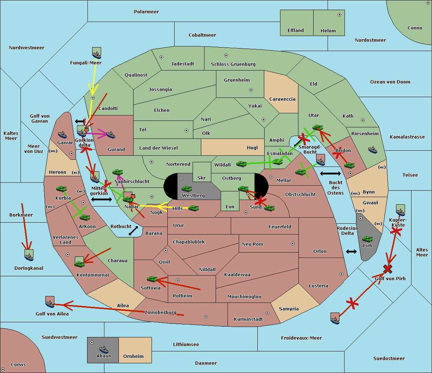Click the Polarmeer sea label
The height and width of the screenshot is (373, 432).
(146, 12)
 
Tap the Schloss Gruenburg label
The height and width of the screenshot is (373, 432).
(233, 64)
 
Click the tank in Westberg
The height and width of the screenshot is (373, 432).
(186, 189)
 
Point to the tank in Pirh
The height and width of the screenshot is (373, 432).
(367, 239)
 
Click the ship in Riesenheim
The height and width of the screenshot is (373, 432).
(373, 150)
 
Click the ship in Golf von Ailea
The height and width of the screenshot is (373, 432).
(50, 303)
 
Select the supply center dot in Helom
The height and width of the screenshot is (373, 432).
(339, 15)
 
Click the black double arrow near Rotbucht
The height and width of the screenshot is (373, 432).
(133, 231)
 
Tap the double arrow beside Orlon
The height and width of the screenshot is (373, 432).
(351, 251)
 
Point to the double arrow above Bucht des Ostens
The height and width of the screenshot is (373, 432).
(330, 174)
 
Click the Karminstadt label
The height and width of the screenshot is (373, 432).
(248, 319)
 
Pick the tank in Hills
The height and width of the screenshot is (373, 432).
(194, 208)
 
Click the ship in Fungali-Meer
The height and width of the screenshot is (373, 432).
(96, 53)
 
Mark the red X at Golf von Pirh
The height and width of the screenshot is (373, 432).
(388, 269)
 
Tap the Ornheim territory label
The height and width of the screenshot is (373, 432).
(133, 356)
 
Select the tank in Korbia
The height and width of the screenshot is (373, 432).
(61, 189)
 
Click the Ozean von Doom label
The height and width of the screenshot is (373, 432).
(390, 82)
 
